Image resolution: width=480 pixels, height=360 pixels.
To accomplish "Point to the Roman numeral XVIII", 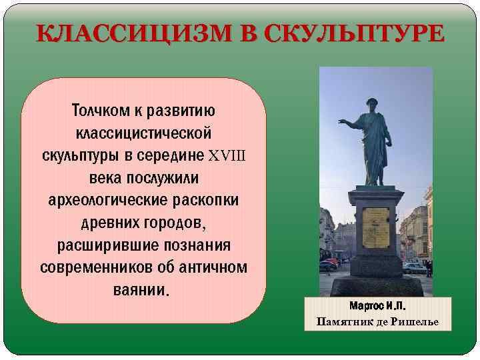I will pos(227,155).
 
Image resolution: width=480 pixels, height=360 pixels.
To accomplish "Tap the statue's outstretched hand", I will pos(342,123).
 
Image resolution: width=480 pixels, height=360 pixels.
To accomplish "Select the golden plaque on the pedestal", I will pos(376,227).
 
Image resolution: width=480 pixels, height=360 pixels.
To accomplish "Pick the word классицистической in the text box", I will pos(143,133).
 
